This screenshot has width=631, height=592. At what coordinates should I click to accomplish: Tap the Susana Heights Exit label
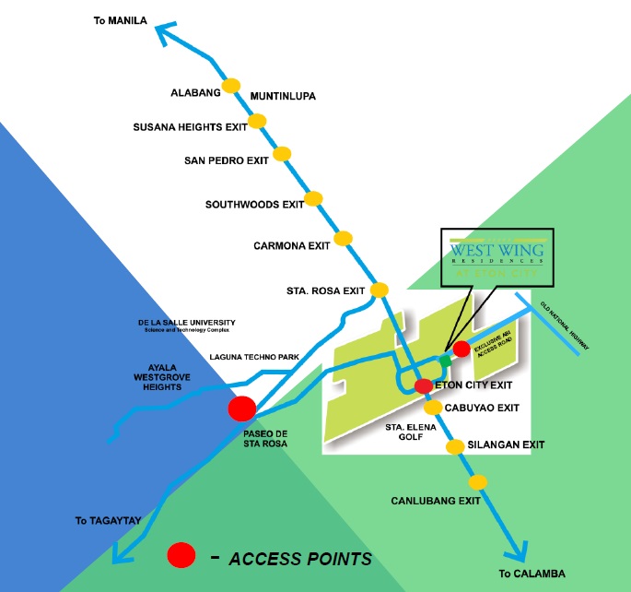(189, 127)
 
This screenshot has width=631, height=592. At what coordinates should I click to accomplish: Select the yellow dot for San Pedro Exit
(282, 153)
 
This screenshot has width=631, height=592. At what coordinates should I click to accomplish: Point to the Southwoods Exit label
(254, 205)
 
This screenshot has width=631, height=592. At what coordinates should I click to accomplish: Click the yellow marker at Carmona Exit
(344, 239)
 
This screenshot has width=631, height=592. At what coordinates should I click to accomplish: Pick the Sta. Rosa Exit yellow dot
(380, 290)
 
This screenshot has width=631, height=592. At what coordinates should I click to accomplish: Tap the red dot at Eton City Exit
(423, 385)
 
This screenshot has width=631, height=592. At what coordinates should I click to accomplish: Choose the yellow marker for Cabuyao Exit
(433, 407)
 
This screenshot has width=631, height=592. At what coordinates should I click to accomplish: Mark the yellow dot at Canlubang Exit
(477, 482)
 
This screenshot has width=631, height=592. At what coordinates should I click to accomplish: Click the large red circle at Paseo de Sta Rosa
(243, 408)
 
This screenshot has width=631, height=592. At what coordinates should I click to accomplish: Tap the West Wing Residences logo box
(498, 257)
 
